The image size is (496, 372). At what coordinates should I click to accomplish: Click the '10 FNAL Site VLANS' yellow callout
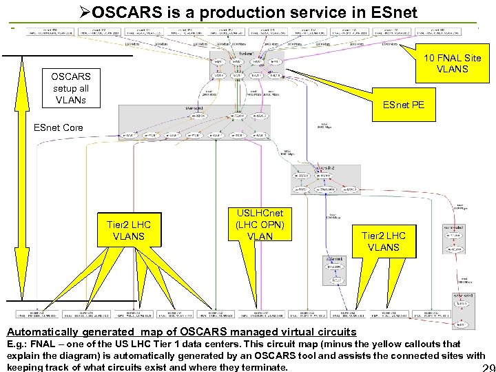453,64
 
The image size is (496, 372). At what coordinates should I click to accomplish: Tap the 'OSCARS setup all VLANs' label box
70,88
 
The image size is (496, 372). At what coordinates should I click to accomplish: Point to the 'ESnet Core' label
59,127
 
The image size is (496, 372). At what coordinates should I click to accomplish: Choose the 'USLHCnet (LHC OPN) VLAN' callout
259,225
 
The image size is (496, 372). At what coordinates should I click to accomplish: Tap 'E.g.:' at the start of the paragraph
17,343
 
